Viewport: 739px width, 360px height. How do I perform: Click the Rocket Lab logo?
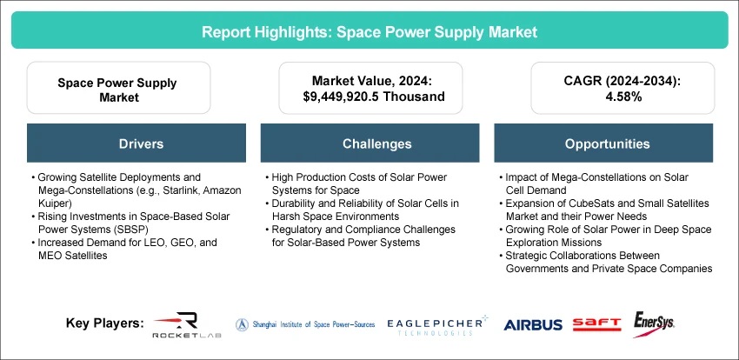coord(187,324)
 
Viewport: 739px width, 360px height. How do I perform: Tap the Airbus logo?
coord(533,324)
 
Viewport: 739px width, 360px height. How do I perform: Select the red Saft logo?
coord(596,324)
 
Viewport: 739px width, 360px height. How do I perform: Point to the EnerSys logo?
coord(653,323)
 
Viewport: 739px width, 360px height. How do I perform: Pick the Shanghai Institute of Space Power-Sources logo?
coord(305,324)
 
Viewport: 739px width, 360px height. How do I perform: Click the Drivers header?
coord(141,143)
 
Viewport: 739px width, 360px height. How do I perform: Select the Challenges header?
coord(370,143)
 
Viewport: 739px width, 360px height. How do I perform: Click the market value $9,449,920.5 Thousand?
coord(374,97)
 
